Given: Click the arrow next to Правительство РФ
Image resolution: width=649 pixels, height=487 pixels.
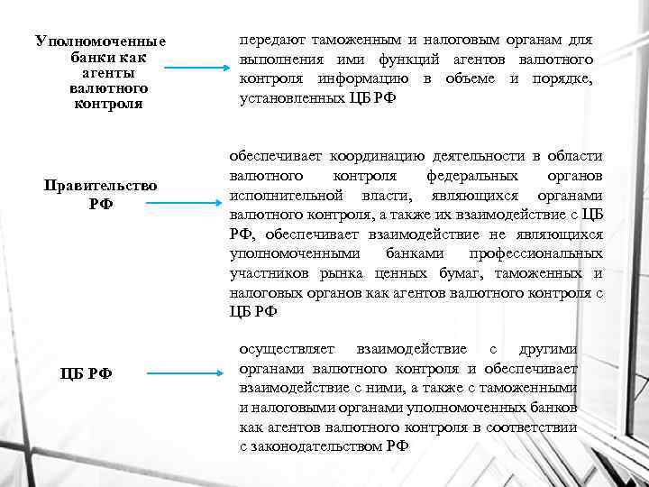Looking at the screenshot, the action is pos(178,203).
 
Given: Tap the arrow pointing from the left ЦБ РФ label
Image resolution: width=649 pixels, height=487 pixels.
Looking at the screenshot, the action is pos(185,372).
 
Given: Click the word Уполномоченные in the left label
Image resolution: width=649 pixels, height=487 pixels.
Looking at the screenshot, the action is pos(101,41).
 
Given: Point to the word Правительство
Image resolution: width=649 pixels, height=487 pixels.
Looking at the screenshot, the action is pos(101,185).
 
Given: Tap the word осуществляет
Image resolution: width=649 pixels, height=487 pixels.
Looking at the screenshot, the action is pos(287,348).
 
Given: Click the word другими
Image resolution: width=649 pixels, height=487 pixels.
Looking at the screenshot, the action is pos(548,348).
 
